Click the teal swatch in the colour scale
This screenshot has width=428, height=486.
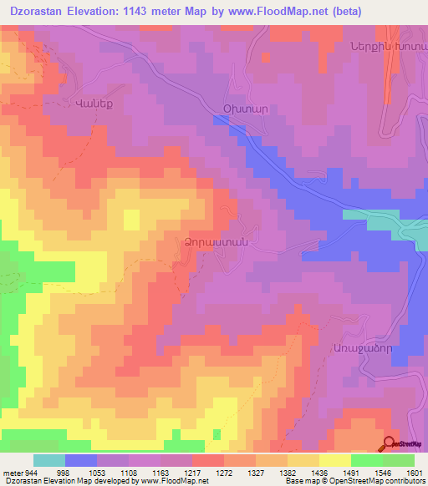coord(49,461)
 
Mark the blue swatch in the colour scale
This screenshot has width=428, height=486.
coord(81,461)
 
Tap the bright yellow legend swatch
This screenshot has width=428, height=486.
coord(335,461)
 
